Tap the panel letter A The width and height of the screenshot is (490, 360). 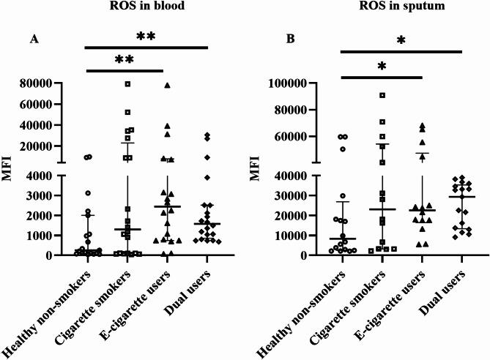pos(34,40)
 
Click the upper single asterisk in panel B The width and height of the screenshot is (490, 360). pos(401,41)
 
